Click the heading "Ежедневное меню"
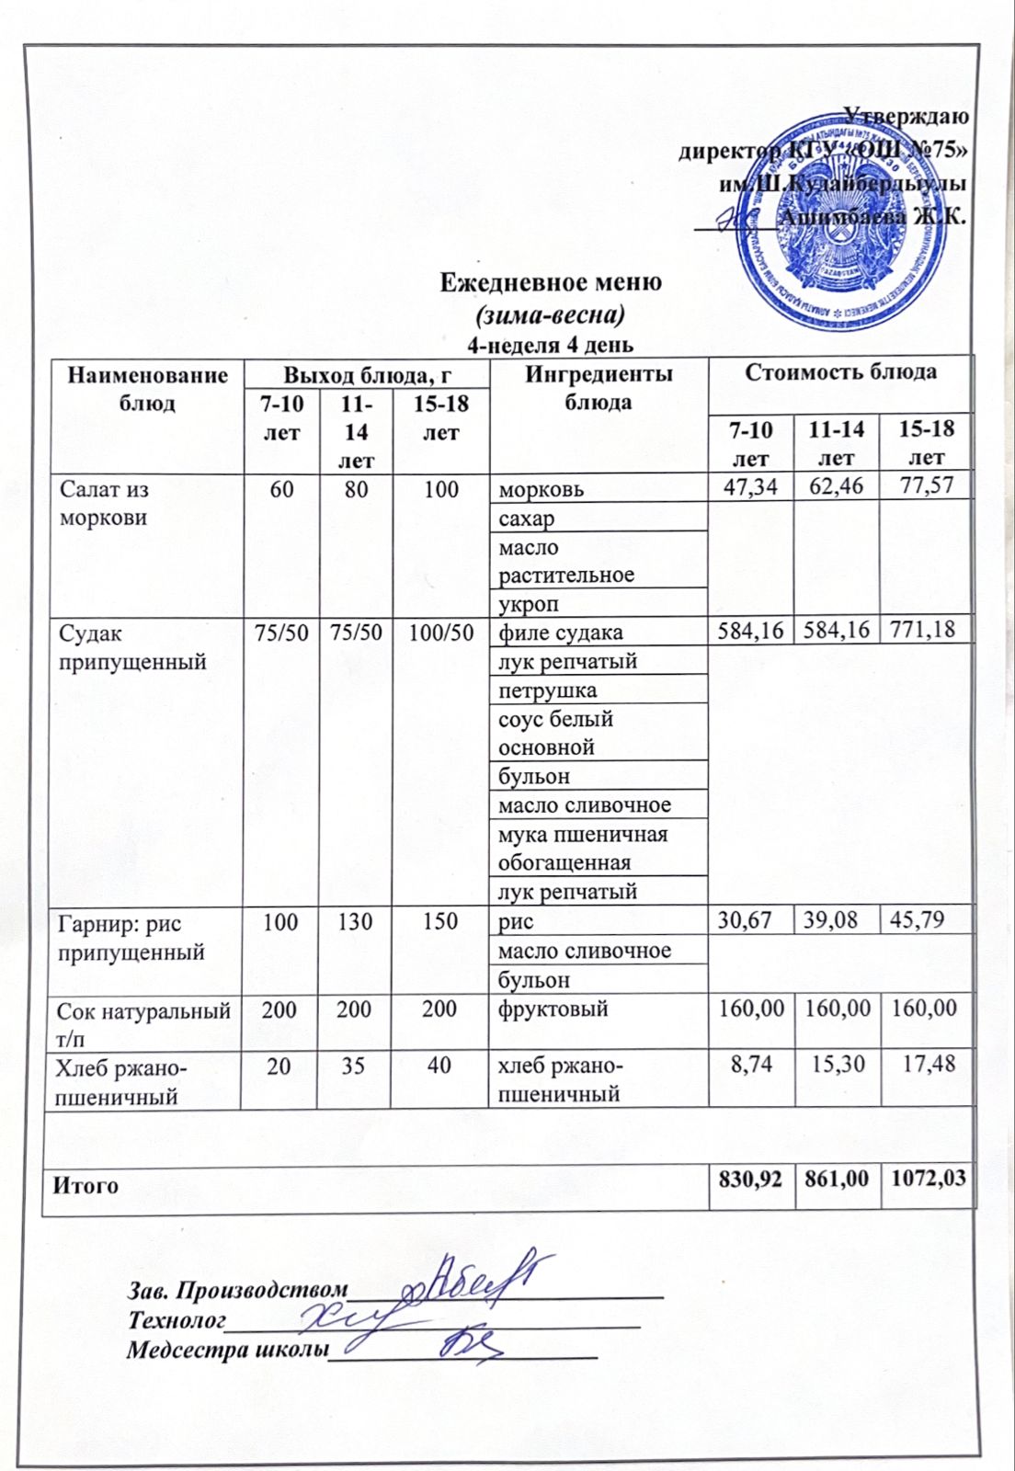(550, 281)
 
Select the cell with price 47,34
(750, 486)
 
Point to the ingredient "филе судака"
(560, 633)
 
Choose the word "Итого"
(86, 1185)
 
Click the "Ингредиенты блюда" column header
(599, 388)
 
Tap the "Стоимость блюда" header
(840, 371)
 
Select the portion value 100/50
(440, 633)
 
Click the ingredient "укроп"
(529, 604)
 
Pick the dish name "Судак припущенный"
(132, 647)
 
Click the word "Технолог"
(177, 1320)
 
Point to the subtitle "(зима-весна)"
(550, 314)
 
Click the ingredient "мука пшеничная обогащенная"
(582, 848)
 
